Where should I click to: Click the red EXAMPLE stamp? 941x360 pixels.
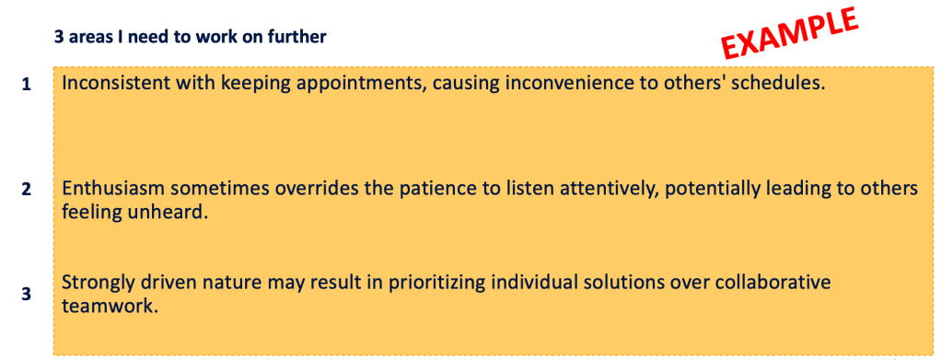pos(790,33)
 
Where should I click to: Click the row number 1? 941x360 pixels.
pos(26,86)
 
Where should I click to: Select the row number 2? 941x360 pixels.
pos(26,190)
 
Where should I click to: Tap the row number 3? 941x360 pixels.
pos(26,296)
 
